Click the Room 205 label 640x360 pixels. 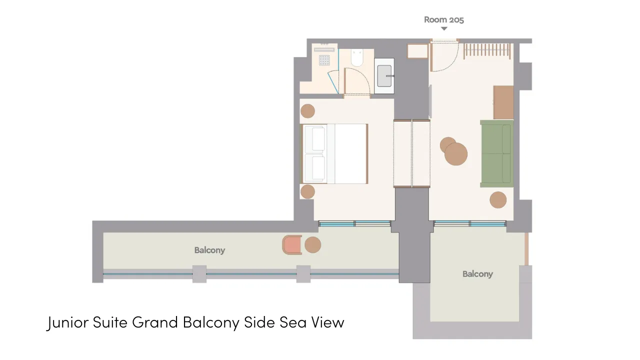click(x=443, y=19)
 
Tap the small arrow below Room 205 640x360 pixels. click(x=444, y=28)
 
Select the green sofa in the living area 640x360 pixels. click(x=497, y=153)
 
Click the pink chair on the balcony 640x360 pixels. click(x=292, y=245)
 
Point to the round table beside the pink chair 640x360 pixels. click(x=313, y=245)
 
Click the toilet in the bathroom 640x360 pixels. click(x=357, y=58)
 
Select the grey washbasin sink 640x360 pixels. click(x=384, y=76)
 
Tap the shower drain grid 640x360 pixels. click(x=324, y=60)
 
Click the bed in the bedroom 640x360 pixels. click(x=334, y=153)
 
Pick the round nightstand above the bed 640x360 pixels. click(x=307, y=111)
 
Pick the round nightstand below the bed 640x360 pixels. click(x=307, y=191)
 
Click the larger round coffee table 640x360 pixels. click(x=456, y=154)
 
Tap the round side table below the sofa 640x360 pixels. click(x=498, y=199)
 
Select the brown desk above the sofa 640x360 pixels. click(x=503, y=102)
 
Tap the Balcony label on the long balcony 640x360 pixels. click(x=209, y=250)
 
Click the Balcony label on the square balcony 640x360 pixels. click(x=477, y=274)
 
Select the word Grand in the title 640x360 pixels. click(x=155, y=322)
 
